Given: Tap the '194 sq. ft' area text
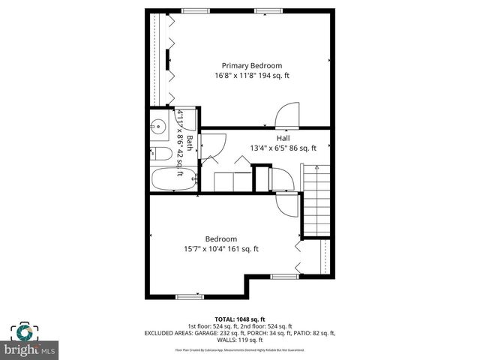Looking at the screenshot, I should (x=273, y=76).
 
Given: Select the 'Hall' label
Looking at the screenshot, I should (x=283, y=138).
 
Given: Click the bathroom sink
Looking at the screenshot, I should (x=158, y=127).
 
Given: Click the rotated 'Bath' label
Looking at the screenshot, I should (x=190, y=143).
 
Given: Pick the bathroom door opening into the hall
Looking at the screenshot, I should (x=213, y=145).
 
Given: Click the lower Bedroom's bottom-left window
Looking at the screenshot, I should (x=189, y=296).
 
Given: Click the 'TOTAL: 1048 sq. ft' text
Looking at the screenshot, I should (x=241, y=319).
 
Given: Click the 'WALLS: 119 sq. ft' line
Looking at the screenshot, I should (x=240, y=340).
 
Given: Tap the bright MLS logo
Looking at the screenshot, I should (x=30, y=340).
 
